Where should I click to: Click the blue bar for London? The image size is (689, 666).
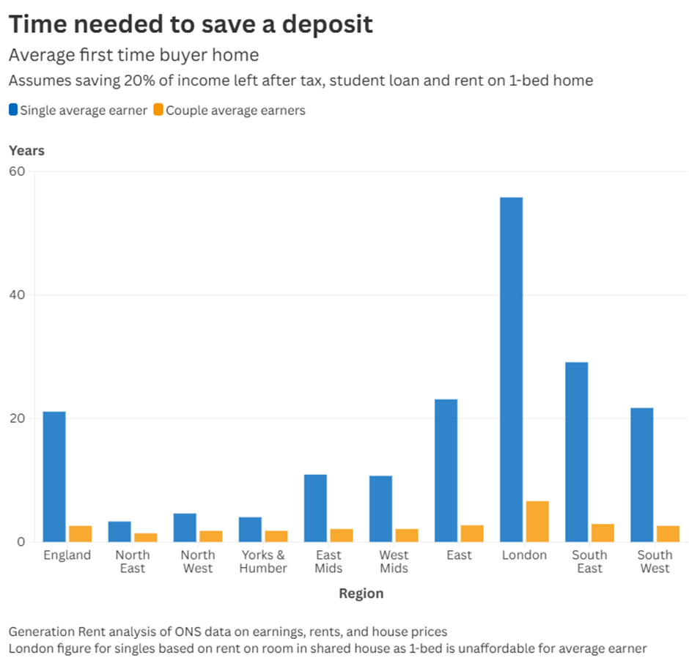(511, 369)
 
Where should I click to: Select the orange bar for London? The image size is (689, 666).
(537, 522)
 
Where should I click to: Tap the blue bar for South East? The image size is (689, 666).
(576, 452)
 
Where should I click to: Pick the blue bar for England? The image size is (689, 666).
(54, 476)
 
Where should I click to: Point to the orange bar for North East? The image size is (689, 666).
(145, 537)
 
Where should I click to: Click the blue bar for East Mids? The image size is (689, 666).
(315, 508)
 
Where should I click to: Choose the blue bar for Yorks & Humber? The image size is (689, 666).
(250, 529)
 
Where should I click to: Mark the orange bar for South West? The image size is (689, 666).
(668, 533)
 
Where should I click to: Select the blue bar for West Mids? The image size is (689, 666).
(380, 508)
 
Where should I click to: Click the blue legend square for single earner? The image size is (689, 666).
(13, 111)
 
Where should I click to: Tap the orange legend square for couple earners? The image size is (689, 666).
(159, 111)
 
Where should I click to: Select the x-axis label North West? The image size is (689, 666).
(198, 561)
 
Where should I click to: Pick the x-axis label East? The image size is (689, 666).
(459, 555)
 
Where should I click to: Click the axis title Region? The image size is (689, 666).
(361, 593)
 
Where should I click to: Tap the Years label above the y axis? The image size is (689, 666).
(26, 151)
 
